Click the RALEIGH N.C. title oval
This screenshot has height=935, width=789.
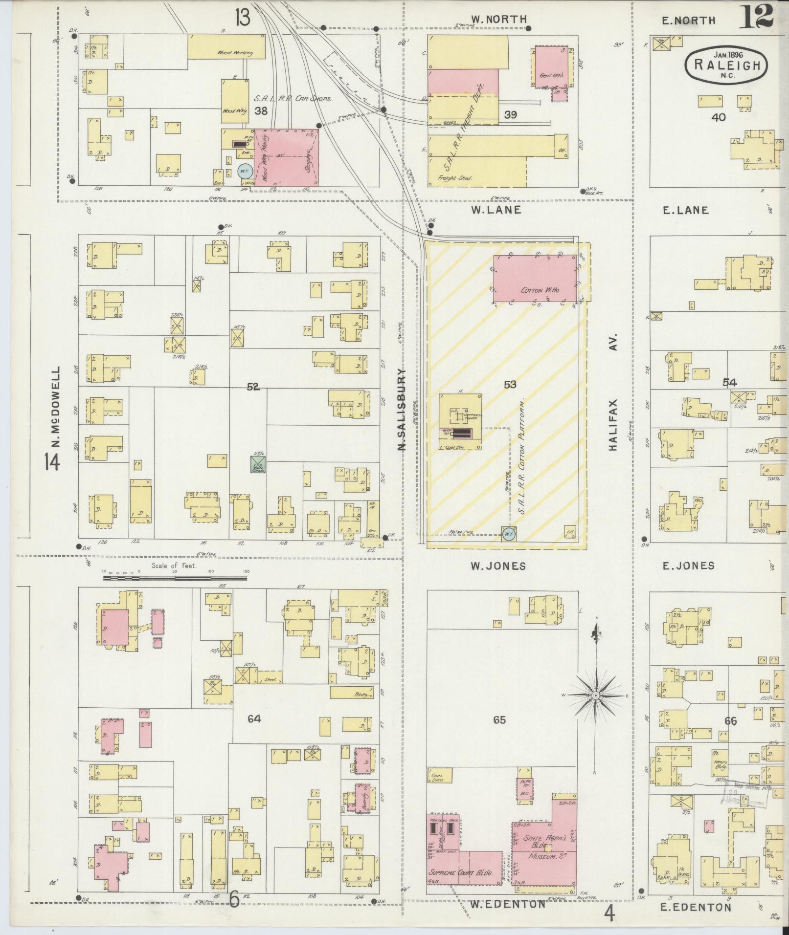(725, 65)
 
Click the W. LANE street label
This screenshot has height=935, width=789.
(496, 210)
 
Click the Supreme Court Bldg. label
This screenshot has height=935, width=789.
(460, 872)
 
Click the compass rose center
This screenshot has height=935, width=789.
(596, 695)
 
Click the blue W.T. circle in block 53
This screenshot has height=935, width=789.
(508, 534)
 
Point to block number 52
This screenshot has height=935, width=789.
(253, 387)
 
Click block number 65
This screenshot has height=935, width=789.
(499, 720)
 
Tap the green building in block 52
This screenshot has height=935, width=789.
(258, 464)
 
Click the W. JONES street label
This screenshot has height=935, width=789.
(498, 566)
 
